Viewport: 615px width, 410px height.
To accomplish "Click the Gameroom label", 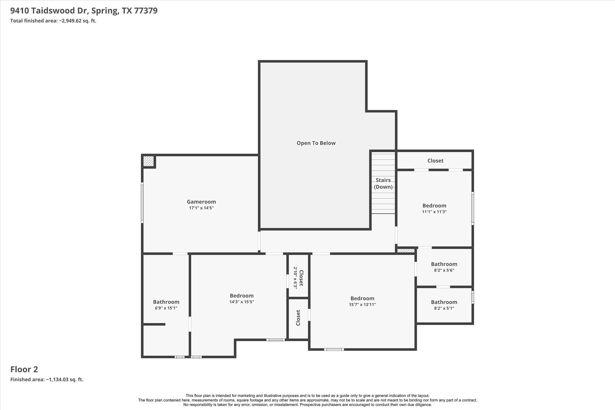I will coord(201,202).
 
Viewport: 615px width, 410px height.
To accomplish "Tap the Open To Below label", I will coord(316,143).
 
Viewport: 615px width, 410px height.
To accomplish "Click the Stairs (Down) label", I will coord(383,184).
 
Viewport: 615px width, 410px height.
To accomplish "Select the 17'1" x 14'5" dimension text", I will coord(201,208).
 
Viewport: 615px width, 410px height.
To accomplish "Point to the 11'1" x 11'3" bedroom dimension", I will coord(434,212).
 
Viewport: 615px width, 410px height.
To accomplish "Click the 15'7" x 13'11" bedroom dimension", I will coord(362,305).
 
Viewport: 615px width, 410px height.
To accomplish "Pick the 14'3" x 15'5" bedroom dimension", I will coord(241,302).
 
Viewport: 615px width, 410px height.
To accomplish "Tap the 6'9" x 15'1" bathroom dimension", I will coord(166,308).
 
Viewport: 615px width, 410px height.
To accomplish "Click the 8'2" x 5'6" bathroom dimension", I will coord(444,270).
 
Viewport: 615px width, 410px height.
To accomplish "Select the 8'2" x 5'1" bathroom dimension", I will coord(444,308).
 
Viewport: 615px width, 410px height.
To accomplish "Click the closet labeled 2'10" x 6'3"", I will coord(298,278).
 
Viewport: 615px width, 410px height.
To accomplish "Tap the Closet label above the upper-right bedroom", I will coord(435,161).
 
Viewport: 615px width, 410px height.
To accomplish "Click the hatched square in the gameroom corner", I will coord(148,161).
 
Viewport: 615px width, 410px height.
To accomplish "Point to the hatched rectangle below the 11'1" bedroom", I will coord(406,251).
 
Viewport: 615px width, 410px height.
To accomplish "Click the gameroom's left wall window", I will coord(142,203).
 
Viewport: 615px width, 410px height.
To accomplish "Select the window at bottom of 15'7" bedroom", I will coord(334,349).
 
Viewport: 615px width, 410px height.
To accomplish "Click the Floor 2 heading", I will coord(24,369).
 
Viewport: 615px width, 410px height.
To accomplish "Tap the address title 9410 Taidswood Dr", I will coord(84,11).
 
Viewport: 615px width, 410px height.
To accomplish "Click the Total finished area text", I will coord(53,21).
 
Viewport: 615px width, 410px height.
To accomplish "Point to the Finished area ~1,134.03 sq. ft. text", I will coord(47,380).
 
